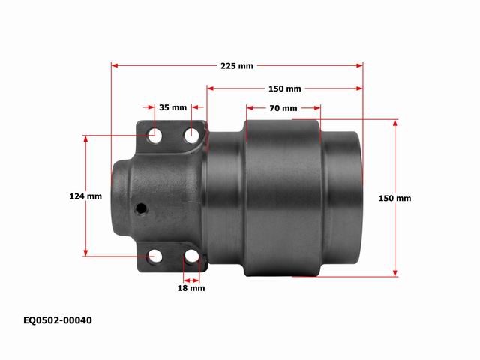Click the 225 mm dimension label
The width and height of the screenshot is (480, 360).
237,66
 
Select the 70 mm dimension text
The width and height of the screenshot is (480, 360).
283,108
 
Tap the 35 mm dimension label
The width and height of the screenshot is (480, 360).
172,107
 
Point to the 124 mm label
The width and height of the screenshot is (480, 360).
85,196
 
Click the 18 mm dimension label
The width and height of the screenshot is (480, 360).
191,288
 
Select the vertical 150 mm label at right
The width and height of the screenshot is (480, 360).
394,198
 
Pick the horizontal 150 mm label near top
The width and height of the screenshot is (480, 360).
285,88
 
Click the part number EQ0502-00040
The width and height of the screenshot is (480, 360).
58,320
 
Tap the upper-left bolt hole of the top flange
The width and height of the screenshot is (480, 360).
154,135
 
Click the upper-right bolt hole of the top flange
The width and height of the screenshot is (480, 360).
192,134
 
